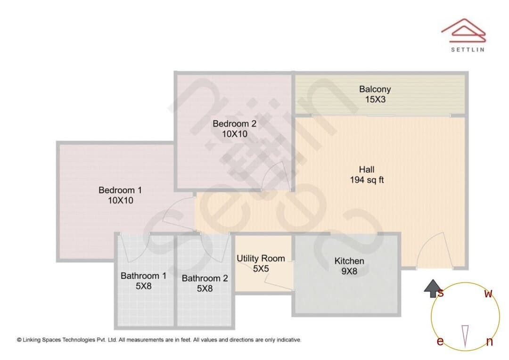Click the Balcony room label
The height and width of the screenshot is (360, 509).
click(x=375, y=89)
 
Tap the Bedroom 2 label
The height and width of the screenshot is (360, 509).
click(x=234, y=123)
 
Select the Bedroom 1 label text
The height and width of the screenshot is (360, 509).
click(x=120, y=190)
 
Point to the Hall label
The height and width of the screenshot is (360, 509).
click(x=367, y=170)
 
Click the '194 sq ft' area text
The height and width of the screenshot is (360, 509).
click(x=367, y=180)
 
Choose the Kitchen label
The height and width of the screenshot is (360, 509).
click(x=349, y=261)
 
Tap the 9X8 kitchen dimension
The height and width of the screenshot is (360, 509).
click(x=349, y=271)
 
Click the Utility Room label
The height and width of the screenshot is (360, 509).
click(x=261, y=258)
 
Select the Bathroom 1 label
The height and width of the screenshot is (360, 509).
click(x=143, y=276)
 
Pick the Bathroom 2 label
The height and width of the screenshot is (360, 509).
click(x=205, y=278)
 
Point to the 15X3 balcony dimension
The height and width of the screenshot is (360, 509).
click(x=375, y=99)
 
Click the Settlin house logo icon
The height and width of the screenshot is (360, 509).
click(x=464, y=31)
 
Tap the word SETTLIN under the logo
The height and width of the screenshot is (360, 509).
click(x=468, y=49)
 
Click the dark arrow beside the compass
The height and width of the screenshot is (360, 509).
click(x=432, y=288)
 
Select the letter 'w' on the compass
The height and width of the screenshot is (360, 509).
click(x=488, y=294)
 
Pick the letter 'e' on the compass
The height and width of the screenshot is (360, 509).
click(x=440, y=341)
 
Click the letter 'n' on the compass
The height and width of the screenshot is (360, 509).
click(x=490, y=342)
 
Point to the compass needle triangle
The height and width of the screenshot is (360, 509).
click(x=465, y=336)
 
